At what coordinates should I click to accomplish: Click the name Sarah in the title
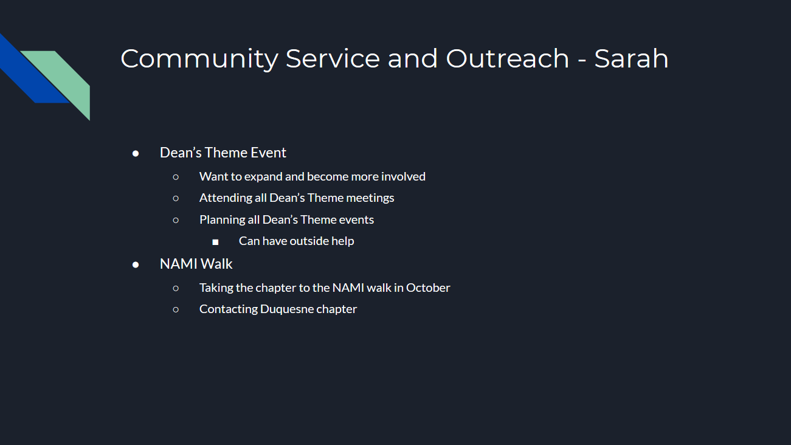tap(631, 58)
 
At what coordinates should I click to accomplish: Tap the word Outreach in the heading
tap(508, 58)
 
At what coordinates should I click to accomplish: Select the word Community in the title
tap(199, 60)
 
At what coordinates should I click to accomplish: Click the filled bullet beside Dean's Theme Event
tap(136, 154)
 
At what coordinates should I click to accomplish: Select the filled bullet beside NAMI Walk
tap(136, 265)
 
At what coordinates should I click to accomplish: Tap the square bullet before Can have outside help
tap(215, 243)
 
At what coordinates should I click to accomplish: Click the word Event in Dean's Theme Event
tap(268, 153)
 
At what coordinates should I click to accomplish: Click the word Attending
tap(226, 198)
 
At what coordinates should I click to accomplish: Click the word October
tap(428, 288)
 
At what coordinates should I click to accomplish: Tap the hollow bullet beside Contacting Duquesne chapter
tap(176, 309)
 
